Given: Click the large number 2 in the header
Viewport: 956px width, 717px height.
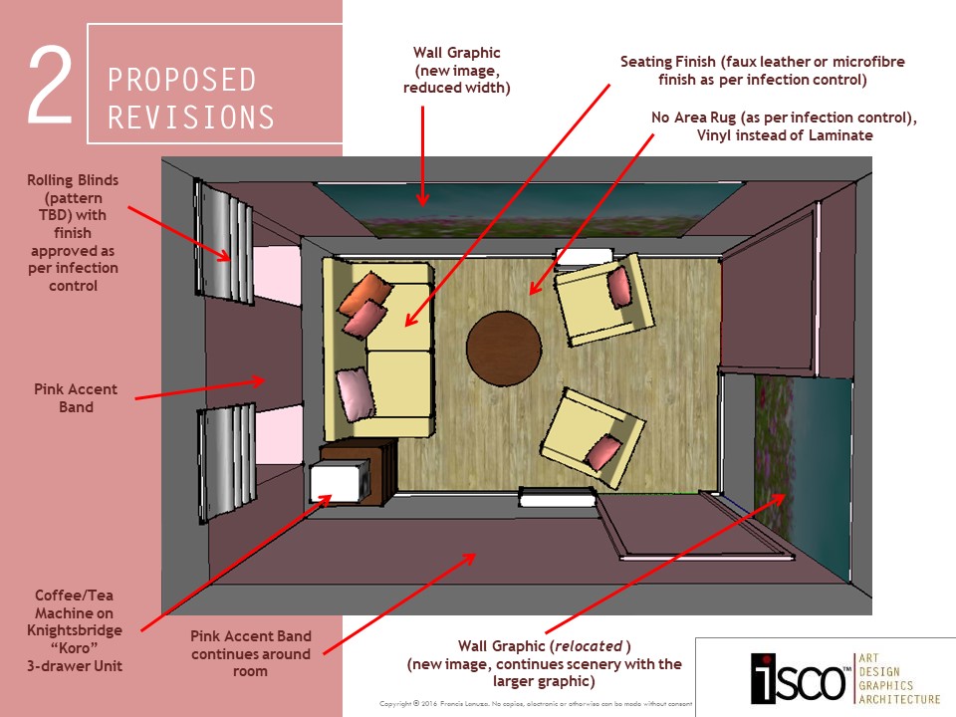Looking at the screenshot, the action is (49, 85).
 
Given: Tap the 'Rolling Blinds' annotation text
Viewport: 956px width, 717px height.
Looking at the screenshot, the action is (73, 233).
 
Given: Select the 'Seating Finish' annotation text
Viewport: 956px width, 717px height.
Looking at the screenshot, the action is (762, 70).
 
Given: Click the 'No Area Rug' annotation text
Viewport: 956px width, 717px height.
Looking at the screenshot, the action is (784, 126).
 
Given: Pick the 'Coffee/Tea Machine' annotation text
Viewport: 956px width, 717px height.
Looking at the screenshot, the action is (78, 629).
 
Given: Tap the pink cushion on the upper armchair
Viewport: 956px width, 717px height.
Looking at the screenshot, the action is (619, 287).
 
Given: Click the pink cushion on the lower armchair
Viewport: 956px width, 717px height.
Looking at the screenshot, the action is (602, 454).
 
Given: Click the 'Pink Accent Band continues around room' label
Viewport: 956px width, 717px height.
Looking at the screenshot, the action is (251, 653).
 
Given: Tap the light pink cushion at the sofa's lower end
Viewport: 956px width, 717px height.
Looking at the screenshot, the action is (356, 392).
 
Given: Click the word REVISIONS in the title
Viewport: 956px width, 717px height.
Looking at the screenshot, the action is (191, 117).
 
